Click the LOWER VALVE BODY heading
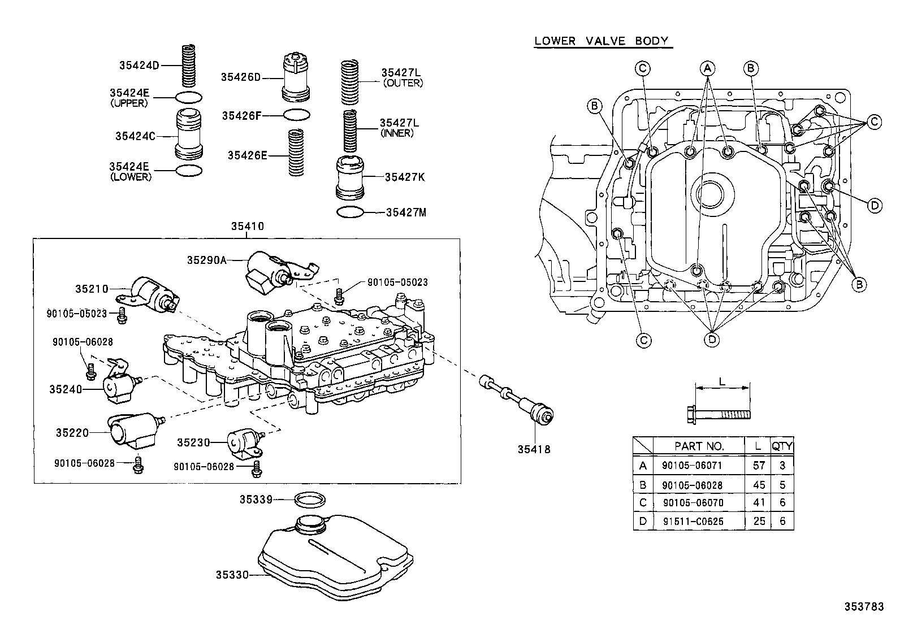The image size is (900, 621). pos(602,41)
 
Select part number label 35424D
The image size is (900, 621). pos(139,65)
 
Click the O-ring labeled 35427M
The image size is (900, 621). pos(350,212)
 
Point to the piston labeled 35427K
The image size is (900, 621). pos(350,179)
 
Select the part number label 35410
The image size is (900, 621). pos(247,227)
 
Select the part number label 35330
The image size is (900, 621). pos(232,575)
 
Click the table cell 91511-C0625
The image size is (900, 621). pos(700,521)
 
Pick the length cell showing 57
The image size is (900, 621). pos(759,466)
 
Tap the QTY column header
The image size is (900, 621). pos(782,446)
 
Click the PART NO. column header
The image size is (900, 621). pos(699,446)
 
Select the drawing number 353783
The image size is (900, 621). pos(864,606)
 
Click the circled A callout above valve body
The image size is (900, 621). pos(707,68)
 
